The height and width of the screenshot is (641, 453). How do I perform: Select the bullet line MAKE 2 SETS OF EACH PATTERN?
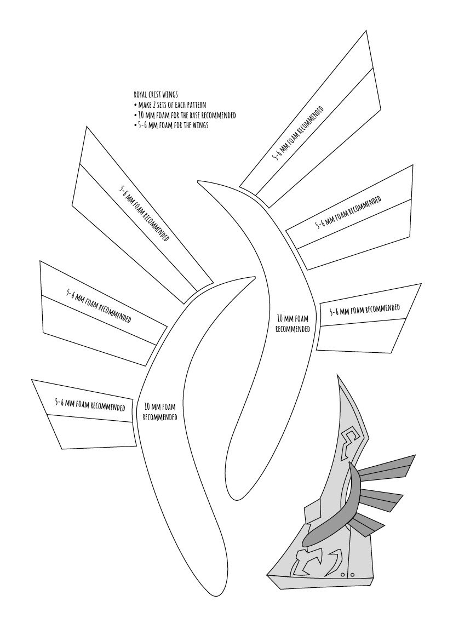(x=170, y=105)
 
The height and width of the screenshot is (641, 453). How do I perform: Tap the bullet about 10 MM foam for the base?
(x=185, y=115)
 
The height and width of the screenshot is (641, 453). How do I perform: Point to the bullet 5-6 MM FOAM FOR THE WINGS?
(x=171, y=125)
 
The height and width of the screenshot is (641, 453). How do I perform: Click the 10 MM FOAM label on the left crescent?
(x=160, y=411)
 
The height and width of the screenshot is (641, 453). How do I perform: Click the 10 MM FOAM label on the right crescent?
(x=293, y=323)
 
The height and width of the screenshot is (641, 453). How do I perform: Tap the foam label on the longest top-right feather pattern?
(x=298, y=133)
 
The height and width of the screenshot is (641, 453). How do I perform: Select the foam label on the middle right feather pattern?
(x=348, y=213)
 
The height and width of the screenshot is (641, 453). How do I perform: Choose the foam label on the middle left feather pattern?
(x=99, y=305)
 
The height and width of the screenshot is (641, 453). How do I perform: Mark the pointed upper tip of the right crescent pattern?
(x=198, y=181)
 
